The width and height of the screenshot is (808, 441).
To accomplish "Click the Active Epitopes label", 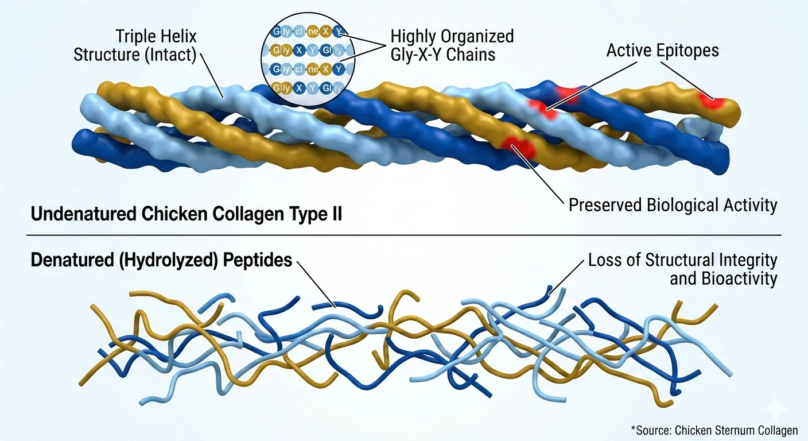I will (662, 51).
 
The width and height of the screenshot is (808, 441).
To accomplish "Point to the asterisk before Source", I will (633, 428).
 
